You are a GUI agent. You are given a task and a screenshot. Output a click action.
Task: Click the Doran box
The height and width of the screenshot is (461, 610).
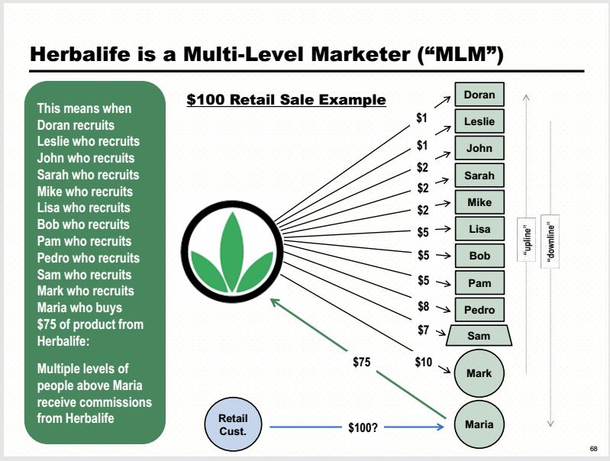click(x=479, y=95)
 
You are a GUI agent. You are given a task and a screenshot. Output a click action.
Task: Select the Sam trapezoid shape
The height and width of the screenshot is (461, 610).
click(x=479, y=335)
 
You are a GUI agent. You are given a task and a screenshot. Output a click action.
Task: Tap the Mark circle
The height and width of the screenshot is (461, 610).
click(x=479, y=373)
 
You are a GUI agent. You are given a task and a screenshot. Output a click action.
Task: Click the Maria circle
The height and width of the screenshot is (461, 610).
click(x=479, y=424)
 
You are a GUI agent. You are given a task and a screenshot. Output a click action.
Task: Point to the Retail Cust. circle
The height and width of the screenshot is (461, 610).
click(x=233, y=424)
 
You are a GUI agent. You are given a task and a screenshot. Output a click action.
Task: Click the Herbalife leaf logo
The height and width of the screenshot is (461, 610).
click(x=232, y=251)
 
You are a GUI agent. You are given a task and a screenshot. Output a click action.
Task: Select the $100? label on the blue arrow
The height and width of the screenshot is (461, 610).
click(x=363, y=427)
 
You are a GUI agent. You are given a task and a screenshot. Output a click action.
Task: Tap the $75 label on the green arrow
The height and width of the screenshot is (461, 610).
click(x=361, y=363)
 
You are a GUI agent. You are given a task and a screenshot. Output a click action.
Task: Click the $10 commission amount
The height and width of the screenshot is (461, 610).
click(x=423, y=363)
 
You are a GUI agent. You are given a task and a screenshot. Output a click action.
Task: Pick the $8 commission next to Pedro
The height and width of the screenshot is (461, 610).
click(x=423, y=307)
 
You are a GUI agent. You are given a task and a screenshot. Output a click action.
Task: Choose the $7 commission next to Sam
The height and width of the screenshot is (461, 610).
click(x=423, y=330)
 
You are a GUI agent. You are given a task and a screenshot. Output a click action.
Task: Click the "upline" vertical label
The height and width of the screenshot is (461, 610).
click(x=527, y=240)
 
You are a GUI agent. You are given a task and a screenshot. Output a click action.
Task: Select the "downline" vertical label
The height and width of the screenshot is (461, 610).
click(x=550, y=241)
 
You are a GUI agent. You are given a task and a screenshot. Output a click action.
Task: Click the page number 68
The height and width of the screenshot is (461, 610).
click(x=593, y=449)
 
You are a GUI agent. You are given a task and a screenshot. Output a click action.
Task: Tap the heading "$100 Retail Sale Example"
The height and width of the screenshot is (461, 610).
click(x=286, y=99)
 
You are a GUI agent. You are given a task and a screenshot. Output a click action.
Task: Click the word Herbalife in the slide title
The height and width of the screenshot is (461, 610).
click(x=80, y=53)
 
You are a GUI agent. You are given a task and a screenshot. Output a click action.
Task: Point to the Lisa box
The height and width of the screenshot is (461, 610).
click(x=479, y=229)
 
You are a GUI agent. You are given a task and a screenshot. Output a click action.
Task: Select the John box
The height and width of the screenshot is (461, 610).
click(x=479, y=148)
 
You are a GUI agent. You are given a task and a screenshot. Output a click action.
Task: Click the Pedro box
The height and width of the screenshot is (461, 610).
click(x=479, y=310)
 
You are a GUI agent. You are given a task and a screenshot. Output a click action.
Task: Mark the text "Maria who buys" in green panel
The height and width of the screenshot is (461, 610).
click(x=79, y=308)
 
